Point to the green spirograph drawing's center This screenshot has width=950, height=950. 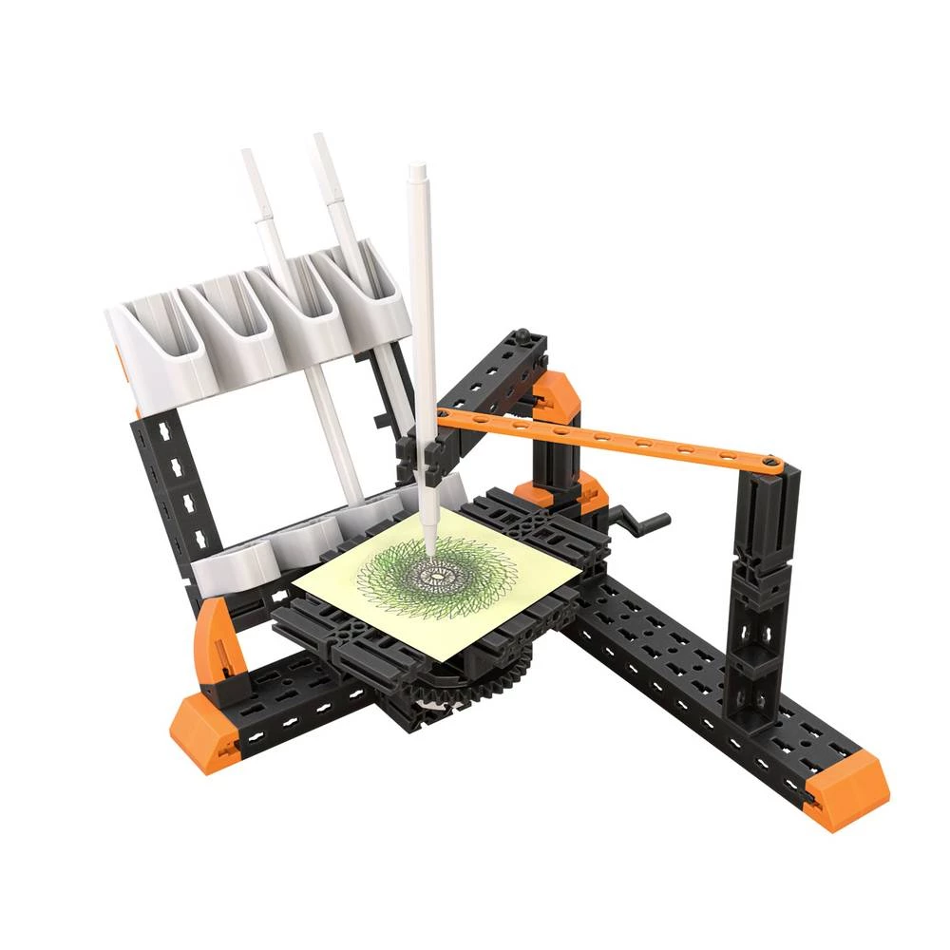pos(436,574)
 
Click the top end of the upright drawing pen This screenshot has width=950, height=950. pos(416,171)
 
